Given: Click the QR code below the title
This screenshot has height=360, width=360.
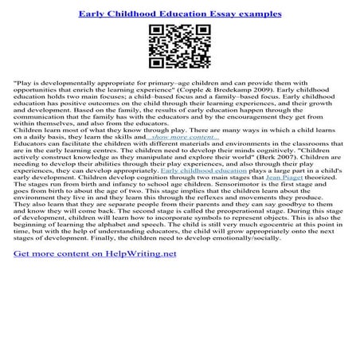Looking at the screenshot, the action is click(180, 46).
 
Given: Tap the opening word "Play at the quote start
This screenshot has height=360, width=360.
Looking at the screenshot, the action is click(25, 82).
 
